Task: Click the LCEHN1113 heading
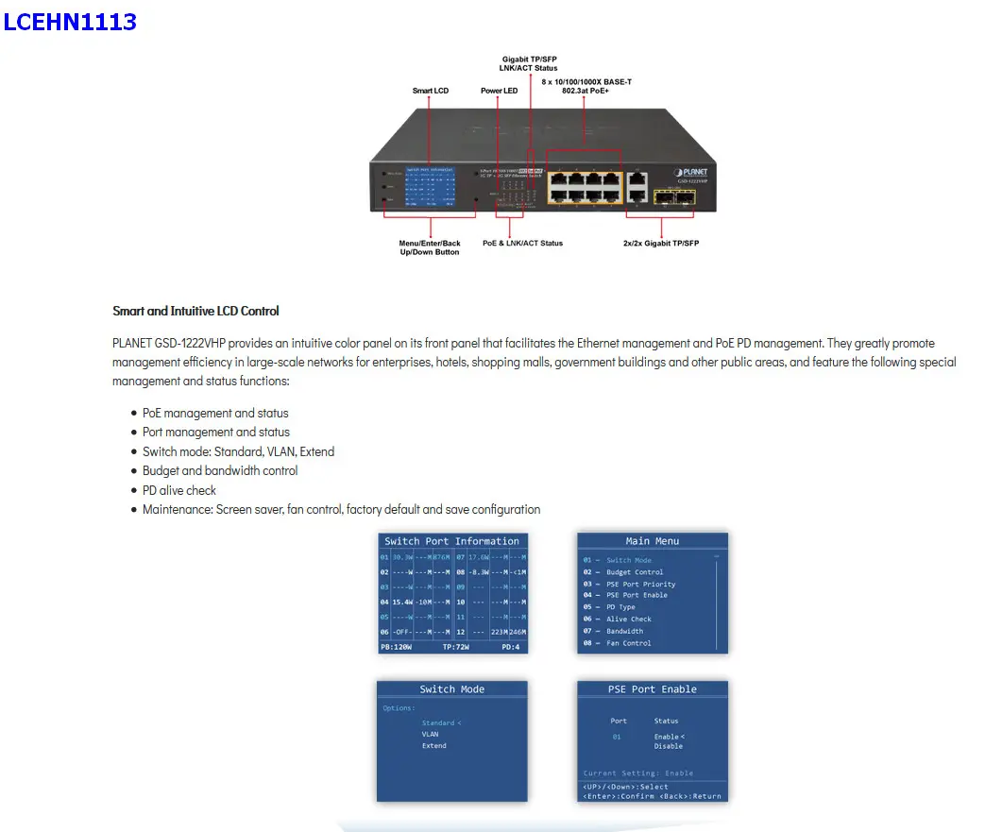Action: coord(70,22)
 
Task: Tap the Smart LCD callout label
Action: coord(431,91)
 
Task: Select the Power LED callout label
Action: coord(499,91)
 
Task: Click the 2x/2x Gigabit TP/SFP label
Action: coord(661,243)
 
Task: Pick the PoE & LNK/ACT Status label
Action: coord(522,243)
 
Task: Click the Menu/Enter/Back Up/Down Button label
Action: coord(430,247)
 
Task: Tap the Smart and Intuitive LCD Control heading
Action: coord(195,311)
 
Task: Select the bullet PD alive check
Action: coord(179,490)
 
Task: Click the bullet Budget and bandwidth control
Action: coord(220,470)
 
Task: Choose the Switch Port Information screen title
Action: coord(451,541)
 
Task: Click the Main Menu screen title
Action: coord(653,541)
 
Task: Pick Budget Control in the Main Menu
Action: coord(635,572)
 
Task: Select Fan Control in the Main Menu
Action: coord(628,643)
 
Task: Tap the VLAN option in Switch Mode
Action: coord(431,734)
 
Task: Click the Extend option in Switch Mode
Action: coord(434,746)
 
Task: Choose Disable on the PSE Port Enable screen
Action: coord(668,746)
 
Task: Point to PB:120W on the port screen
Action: coord(397,647)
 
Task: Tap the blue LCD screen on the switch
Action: coord(430,185)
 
